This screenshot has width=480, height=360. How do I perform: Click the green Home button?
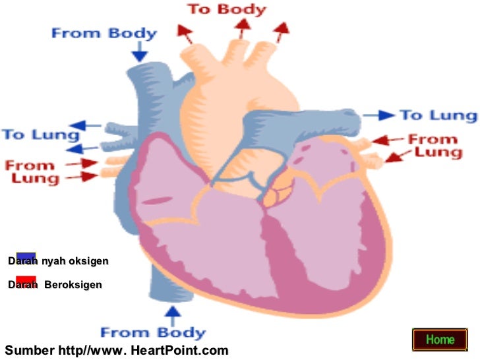tap(440, 340)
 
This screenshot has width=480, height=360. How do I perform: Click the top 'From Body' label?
tap(104, 33)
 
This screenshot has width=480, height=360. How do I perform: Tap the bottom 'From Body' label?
tap(152, 332)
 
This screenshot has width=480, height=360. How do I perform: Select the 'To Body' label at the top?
tap(226, 9)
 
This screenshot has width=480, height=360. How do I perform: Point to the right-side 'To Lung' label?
tap(437, 115)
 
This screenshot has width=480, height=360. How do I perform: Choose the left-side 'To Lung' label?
tap(31, 134)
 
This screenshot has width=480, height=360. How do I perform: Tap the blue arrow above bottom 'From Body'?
tap(173, 313)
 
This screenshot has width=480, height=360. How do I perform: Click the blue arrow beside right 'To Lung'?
tap(379, 115)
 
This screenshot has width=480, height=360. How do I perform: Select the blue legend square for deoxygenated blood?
tap(26, 257)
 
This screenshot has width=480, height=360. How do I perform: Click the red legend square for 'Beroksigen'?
tap(26, 281)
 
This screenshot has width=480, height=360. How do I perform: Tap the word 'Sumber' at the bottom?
tap(26, 350)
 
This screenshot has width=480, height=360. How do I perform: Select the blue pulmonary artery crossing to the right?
tap(310, 122)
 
